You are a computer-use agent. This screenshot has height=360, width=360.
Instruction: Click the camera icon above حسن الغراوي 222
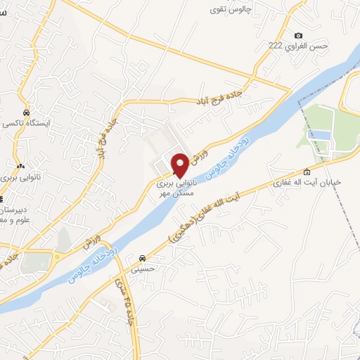(298, 36)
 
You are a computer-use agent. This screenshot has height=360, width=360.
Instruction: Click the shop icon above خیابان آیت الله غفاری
(306, 172)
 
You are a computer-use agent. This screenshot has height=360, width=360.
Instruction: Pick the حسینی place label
(145, 266)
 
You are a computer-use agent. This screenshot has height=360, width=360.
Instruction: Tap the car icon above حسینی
(143, 257)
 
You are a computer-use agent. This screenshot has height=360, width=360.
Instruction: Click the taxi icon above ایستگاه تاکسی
(26, 112)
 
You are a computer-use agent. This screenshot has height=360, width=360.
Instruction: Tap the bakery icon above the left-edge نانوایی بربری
(20, 167)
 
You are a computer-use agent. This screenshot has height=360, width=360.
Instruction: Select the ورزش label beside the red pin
(198, 152)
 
